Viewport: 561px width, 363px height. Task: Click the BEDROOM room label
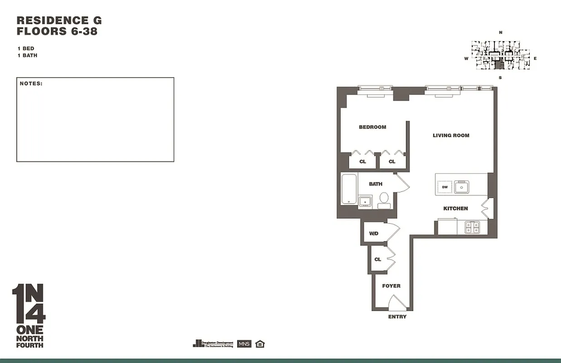372,127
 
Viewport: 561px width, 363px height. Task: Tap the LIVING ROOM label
451,135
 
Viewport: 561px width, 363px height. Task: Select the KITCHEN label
455,208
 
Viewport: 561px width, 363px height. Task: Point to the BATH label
376,184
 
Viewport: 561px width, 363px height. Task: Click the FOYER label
391,286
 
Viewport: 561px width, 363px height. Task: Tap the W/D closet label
374,234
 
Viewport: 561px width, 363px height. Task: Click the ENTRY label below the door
397,317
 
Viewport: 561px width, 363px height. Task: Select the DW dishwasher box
445,187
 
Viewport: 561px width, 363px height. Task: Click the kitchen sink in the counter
462,186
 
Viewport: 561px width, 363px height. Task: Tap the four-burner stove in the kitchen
473,227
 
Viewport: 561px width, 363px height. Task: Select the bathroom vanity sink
365,201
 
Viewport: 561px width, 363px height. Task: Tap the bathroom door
402,182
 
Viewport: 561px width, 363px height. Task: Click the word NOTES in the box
31,83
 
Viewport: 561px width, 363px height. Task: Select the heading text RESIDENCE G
59,20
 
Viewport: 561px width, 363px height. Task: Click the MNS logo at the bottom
244,344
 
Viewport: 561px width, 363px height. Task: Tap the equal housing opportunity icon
260,344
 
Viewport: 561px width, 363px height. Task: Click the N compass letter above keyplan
501,33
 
